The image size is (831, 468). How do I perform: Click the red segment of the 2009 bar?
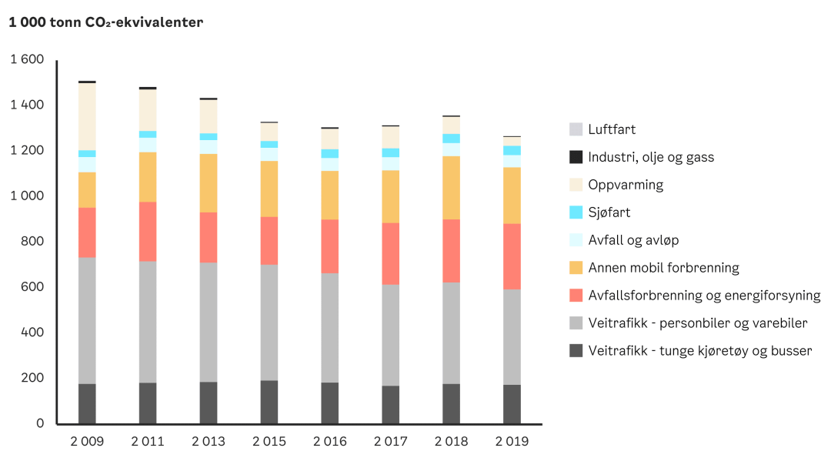[87, 232]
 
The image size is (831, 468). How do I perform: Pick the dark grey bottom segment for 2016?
[329, 403]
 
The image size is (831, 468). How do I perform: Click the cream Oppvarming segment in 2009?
[87, 115]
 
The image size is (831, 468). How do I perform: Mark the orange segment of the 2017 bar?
[390, 196]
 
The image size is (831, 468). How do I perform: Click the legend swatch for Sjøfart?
[576, 212]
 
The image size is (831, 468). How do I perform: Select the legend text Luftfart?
[612, 129]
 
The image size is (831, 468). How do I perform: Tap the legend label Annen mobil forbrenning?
[663, 268]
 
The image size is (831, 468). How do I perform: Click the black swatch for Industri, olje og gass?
[576, 157]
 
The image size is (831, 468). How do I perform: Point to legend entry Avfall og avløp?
[633, 240]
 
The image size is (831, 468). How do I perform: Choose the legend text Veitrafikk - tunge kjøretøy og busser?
[699, 351]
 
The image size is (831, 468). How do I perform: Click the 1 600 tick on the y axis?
[27, 59]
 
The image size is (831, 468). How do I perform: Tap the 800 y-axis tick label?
[33, 241]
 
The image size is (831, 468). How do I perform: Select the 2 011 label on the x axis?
[148, 442]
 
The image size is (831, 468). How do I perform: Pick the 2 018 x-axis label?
[451, 442]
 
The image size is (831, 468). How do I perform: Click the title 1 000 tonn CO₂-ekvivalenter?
[105, 22]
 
